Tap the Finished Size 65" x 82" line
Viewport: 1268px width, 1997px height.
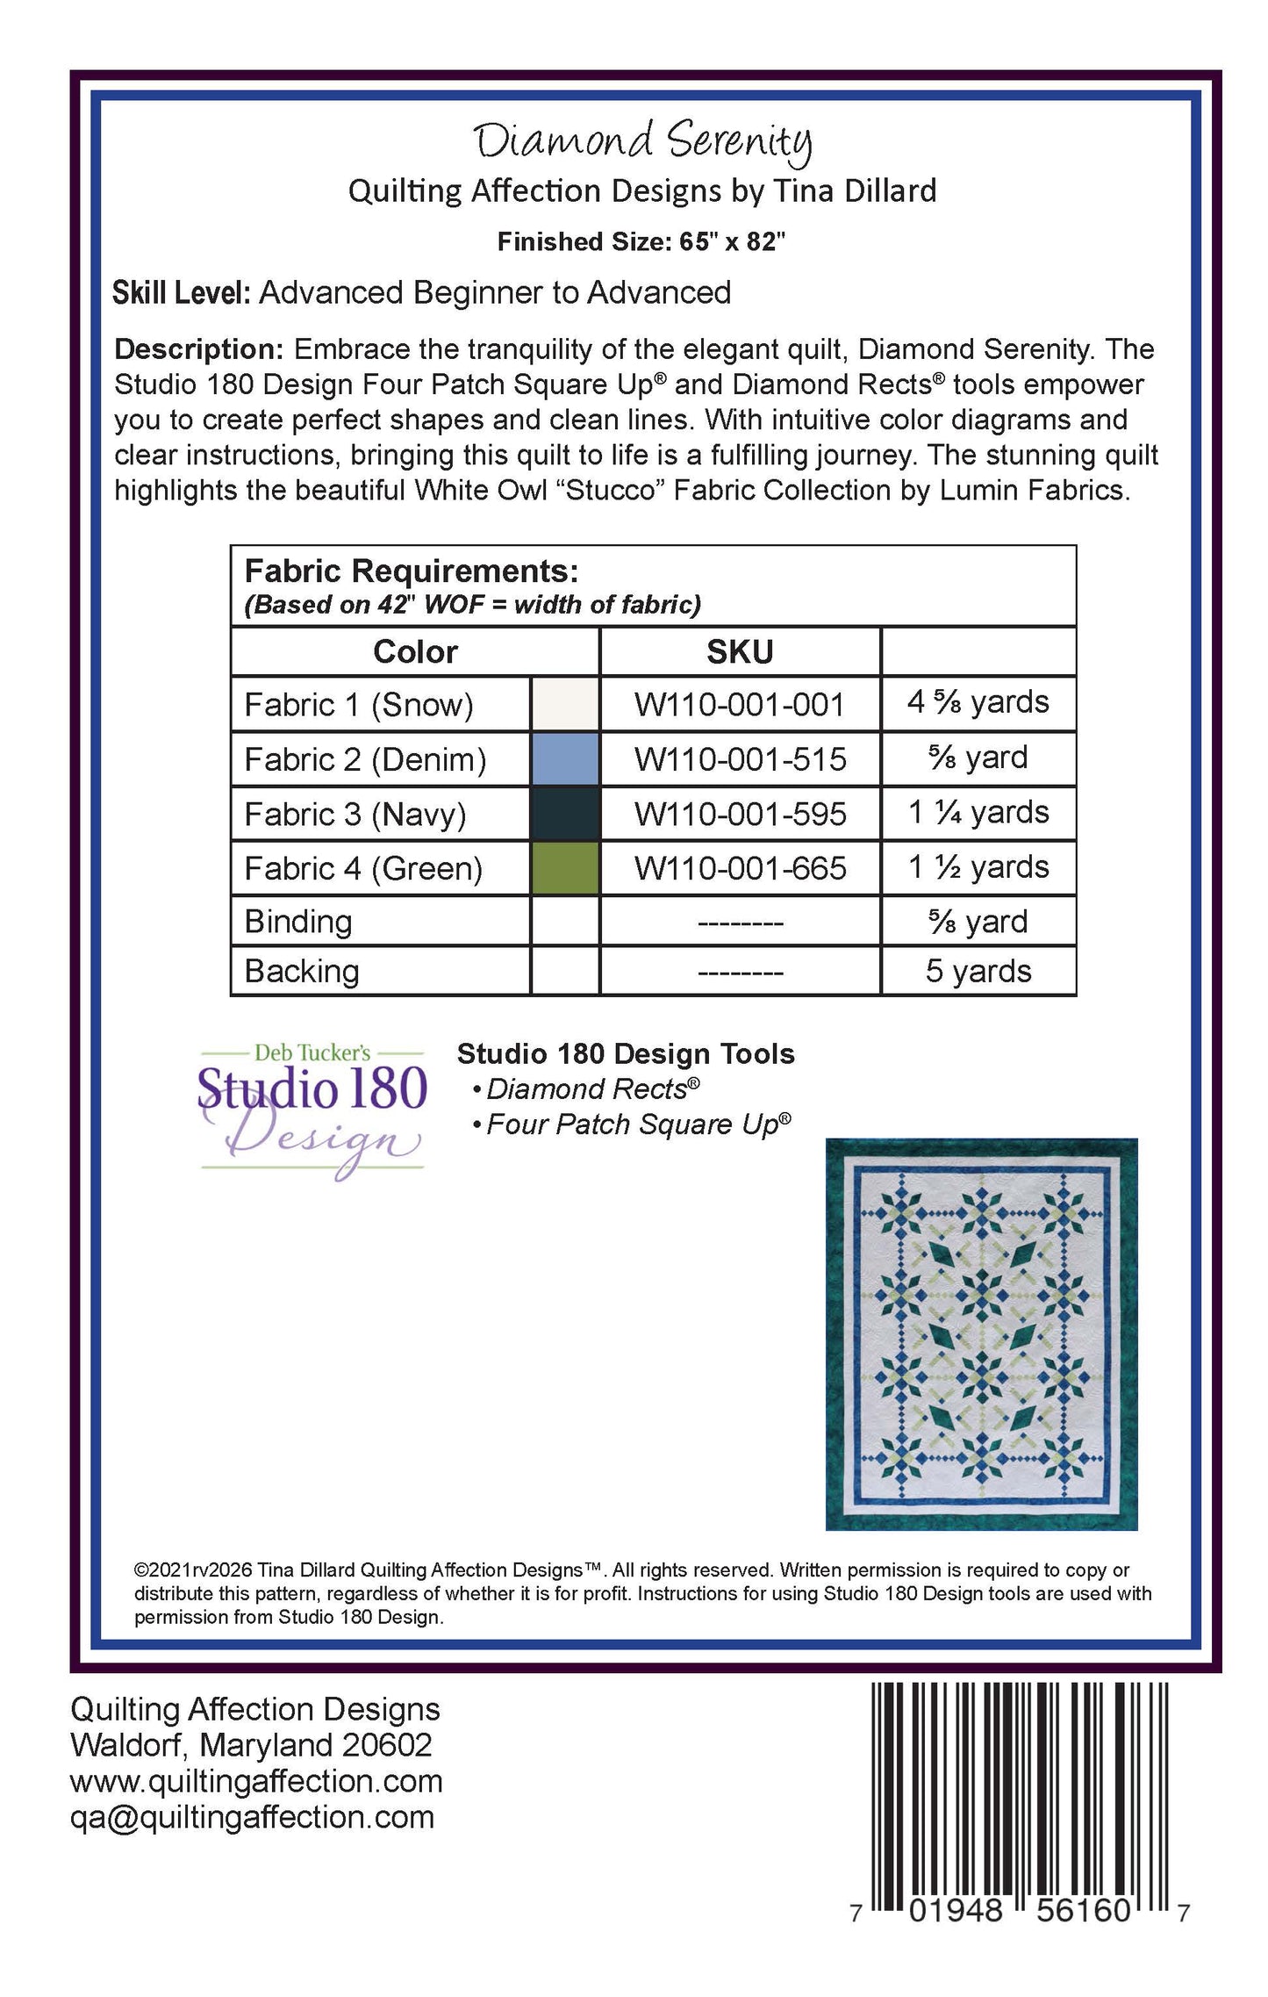(x=641, y=241)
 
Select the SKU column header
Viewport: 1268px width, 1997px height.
(x=740, y=651)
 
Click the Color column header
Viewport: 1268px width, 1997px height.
(x=415, y=651)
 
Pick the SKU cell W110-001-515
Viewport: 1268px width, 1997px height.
(x=740, y=759)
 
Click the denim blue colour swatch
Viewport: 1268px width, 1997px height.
(x=565, y=759)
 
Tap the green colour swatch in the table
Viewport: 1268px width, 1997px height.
(x=565, y=868)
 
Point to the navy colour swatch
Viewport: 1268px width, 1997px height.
(x=565, y=814)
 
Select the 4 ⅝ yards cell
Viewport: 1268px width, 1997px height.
(x=978, y=703)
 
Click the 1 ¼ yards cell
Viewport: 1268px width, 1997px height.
(x=978, y=813)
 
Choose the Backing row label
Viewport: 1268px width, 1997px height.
(x=302, y=971)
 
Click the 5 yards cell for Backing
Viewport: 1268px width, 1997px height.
(x=978, y=971)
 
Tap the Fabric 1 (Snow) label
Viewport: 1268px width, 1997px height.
(x=359, y=705)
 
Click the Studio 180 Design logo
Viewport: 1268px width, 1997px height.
(x=312, y=1108)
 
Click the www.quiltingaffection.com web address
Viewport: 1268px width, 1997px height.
(x=256, y=1781)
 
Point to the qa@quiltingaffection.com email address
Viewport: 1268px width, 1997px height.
(x=253, y=1817)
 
